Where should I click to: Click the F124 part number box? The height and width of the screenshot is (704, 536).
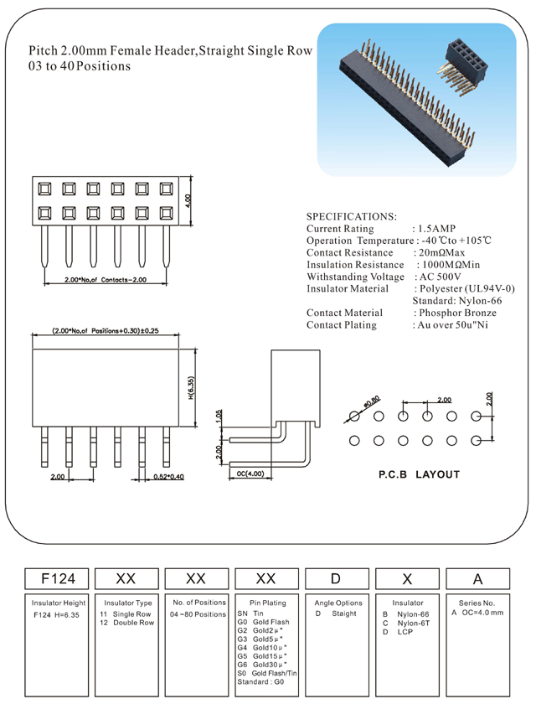click(x=59, y=578)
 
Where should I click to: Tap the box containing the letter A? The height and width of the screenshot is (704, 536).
click(x=478, y=578)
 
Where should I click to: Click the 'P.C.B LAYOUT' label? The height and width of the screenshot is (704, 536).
click(x=419, y=474)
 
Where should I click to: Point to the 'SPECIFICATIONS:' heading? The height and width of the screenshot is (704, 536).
click(x=352, y=216)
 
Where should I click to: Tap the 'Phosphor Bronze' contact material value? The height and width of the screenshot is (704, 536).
click(x=456, y=313)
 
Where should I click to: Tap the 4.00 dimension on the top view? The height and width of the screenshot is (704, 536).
click(x=189, y=201)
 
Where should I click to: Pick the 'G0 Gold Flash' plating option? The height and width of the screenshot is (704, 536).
click(x=263, y=623)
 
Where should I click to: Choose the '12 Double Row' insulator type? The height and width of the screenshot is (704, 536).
click(x=127, y=623)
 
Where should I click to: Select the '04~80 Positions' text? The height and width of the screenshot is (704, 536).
click(x=198, y=614)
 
